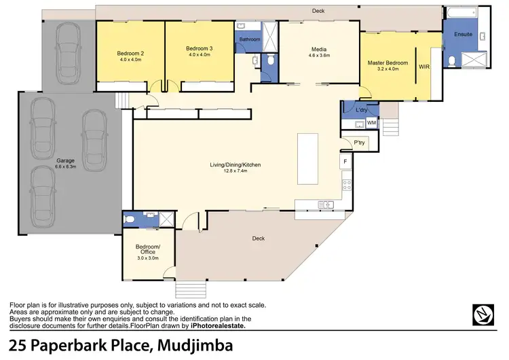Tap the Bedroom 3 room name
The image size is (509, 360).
(x=200, y=49)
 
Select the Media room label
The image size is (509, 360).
(x=319, y=50)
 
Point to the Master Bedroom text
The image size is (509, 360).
(x=388, y=63)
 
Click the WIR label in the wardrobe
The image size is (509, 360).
(x=424, y=67)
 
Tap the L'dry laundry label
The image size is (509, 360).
(x=361, y=109)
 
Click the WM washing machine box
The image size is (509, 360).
(x=371, y=123)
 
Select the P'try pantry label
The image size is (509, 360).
(x=360, y=143)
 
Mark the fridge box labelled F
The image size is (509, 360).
(x=345, y=161)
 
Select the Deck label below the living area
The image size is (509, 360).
(x=258, y=238)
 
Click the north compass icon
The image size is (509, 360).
(x=483, y=314)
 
